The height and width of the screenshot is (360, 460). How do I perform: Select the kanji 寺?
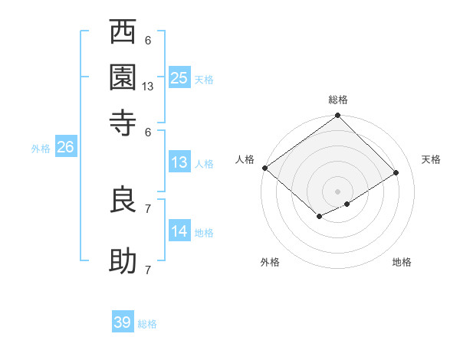pyautogui.click(x=123, y=122)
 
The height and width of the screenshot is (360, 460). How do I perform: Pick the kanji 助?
pyautogui.click(x=123, y=260)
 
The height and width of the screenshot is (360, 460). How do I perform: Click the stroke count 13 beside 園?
pyautogui.click(x=148, y=87)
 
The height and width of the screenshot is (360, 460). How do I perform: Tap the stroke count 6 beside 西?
pyautogui.click(x=148, y=41)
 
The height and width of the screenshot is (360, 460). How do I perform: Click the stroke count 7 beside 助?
pyautogui.click(x=148, y=270)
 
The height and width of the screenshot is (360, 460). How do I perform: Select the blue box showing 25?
pyautogui.click(x=179, y=77)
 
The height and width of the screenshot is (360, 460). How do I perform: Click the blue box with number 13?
pyautogui.click(x=179, y=162)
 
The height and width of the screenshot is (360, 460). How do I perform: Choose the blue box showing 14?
pyautogui.click(x=179, y=231)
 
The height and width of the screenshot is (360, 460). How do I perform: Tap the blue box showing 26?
pyautogui.click(x=65, y=148)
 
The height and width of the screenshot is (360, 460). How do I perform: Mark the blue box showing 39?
pyautogui.click(x=123, y=322)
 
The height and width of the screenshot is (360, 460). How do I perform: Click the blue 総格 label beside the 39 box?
pyautogui.click(x=147, y=324)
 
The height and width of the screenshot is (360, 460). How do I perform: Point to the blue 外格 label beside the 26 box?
pyautogui.click(x=41, y=149)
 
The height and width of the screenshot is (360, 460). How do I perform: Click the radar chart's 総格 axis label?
pyautogui.click(x=338, y=100)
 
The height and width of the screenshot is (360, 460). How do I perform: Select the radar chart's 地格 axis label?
pyautogui.click(x=402, y=262)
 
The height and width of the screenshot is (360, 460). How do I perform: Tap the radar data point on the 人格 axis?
pyautogui.click(x=264, y=168)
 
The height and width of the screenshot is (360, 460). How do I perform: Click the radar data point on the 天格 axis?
pyautogui.click(x=396, y=173)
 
